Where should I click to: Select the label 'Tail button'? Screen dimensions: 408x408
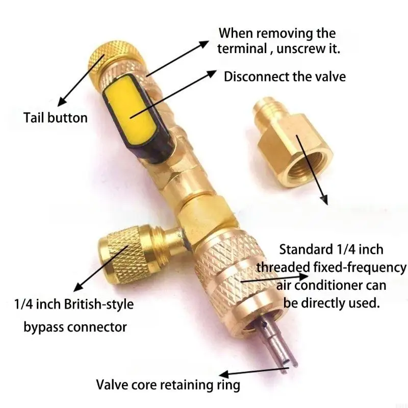(x=56, y=118)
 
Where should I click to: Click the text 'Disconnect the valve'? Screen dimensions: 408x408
(x=285, y=76)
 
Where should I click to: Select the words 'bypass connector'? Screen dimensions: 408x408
(x=75, y=326)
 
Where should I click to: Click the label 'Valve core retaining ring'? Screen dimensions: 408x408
(x=168, y=384)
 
